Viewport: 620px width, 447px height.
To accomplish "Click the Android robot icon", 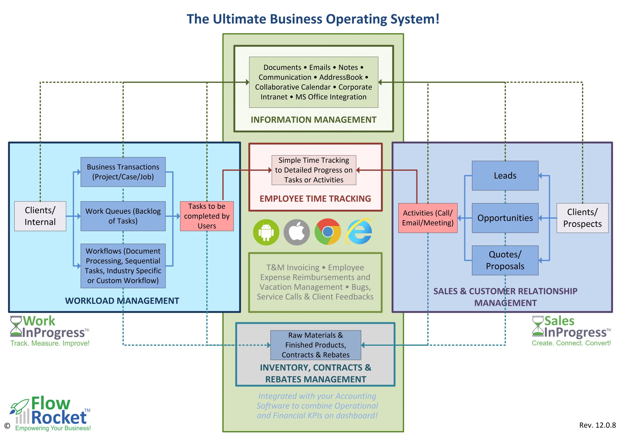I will pyautogui.click(x=266, y=232).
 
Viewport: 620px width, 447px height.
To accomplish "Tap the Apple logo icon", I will pyautogui.click(x=297, y=232).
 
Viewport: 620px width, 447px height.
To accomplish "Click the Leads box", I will pyautogui.click(x=505, y=175).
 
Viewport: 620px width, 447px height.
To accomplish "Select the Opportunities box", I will pyautogui.click(x=505, y=218).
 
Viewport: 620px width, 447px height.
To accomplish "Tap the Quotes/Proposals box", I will pyautogui.click(x=505, y=260).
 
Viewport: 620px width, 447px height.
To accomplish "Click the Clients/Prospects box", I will pyautogui.click(x=582, y=218).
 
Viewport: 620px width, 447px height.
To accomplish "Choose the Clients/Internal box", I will pyautogui.click(x=40, y=216).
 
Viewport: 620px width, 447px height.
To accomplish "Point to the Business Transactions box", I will pyautogui.click(x=123, y=172).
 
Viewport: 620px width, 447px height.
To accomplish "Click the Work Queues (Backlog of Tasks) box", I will pyautogui.click(x=123, y=216).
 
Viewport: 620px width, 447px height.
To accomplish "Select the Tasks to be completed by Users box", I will pyautogui.click(x=207, y=216).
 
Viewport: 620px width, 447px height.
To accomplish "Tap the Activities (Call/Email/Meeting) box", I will pyautogui.click(x=427, y=218).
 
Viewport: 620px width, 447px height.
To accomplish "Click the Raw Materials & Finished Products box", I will pyautogui.click(x=316, y=345).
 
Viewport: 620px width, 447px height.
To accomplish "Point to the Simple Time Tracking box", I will pyautogui.click(x=314, y=170).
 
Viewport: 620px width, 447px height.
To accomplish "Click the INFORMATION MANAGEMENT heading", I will pyautogui.click(x=314, y=120).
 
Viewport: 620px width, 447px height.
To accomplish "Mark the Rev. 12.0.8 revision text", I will pyautogui.click(x=597, y=425).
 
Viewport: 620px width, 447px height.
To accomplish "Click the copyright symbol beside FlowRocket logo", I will pyautogui.click(x=7, y=426).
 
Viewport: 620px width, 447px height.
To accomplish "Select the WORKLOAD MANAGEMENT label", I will pyautogui.click(x=122, y=301).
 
